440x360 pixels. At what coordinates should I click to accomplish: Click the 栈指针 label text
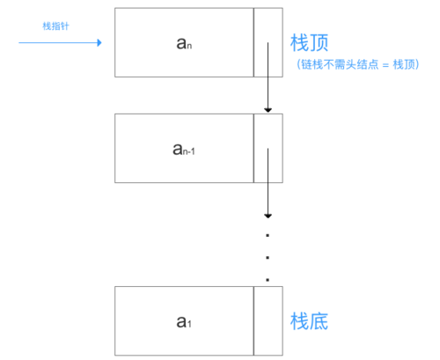pyautogui.click(x=55, y=26)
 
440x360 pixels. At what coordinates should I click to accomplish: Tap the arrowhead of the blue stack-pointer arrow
pyautogui.click(x=99, y=41)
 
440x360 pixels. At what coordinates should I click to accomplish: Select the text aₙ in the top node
pyautogui.click(x=184, y=42)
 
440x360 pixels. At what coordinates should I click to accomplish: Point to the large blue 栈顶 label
pyautogui.click(x=309, y=42)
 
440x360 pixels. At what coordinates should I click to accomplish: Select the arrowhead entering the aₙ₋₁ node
pyautogui.click(x=268, y=110)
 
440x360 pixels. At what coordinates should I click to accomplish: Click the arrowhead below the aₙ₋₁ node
pyautogui.click(x=268, y=215)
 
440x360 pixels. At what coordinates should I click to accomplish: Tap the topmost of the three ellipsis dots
pyautogui.click(x=268, y=237)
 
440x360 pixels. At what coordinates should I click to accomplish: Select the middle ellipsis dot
pyautogui.click(x=268, y=258)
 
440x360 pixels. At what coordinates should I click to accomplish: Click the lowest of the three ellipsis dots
pyautogui.click(x=268, y=279)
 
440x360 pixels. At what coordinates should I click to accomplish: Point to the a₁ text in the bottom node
pyautogui.click(x=184, y=321)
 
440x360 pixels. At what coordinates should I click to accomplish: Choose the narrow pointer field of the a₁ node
pyautogui.click(x=268, y=320)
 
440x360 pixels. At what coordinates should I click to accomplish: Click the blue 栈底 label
pyautogui.click(x=309, y=321)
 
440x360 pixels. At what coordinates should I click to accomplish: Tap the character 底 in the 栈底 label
pyautogui.click(x=319, y=321)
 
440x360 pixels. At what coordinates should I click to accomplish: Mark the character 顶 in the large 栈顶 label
pyautogui.click(x=319, y=42)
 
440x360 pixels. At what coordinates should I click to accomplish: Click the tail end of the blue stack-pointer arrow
pyautogui.click(x=19, y=41)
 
